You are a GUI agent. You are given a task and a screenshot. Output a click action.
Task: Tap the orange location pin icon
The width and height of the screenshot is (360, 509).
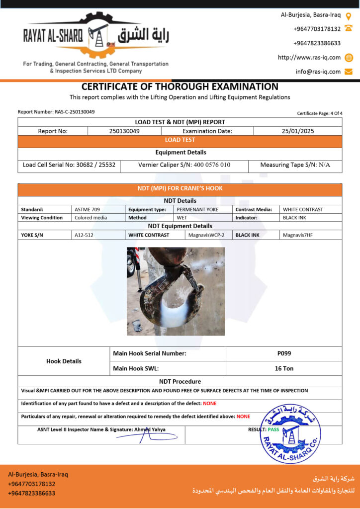pyautogui.click(x=349, y=15)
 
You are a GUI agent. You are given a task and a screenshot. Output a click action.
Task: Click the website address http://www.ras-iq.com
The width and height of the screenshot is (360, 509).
pyautogui.click(x=309, y=57)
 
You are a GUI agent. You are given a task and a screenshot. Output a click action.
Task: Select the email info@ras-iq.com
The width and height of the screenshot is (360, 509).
pyautogui.click(x=318, y=72)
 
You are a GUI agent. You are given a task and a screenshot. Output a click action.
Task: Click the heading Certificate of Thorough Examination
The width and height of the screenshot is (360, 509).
pyautogui.click(x=180, y=87)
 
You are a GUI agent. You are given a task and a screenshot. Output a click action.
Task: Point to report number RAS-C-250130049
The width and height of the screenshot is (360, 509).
pyautogui.click(x=56, y=112)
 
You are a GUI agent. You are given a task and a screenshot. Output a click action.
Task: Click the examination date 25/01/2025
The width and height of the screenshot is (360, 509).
pyautogui.click(x=297, y=131)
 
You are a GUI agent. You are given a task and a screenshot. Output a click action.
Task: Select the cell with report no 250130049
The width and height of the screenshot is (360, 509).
pyautogui.click(x=124, y=131)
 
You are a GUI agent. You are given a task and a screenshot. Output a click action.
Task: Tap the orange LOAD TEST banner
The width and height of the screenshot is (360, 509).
pyautogui.click(x=180, y=140)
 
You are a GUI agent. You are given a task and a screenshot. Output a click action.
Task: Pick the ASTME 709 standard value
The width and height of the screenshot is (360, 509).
pyautogui.click(x=87, y=209)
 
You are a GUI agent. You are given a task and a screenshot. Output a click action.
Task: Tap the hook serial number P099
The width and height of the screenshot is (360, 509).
pyautogui.click(x=284, y=353)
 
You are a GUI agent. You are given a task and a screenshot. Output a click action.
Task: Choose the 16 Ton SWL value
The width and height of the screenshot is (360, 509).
pyautogui.click(x=284, y=368)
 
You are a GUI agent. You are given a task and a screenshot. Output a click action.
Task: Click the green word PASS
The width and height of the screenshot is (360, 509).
pyautogui.click(x=273, y=429)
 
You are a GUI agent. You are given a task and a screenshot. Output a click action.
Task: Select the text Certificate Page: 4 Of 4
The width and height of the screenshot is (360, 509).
pyautogui.click(x=320, y=113)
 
